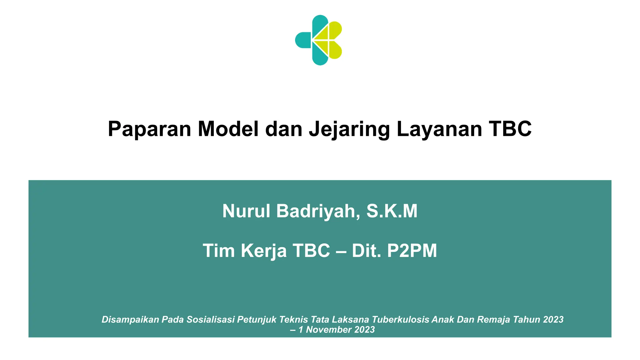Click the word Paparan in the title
click(149, 129)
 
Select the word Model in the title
click(228, 129)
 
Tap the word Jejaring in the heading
click(349, 129)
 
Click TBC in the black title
click(510, 129)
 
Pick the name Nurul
click(246, 211)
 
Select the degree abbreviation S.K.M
click(392, 211)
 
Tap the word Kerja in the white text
click(263, 251)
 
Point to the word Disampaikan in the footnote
click(130, 319)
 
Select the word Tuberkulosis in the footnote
click(401, 319)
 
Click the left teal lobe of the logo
click(302, 40)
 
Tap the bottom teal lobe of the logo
click(319, 57)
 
